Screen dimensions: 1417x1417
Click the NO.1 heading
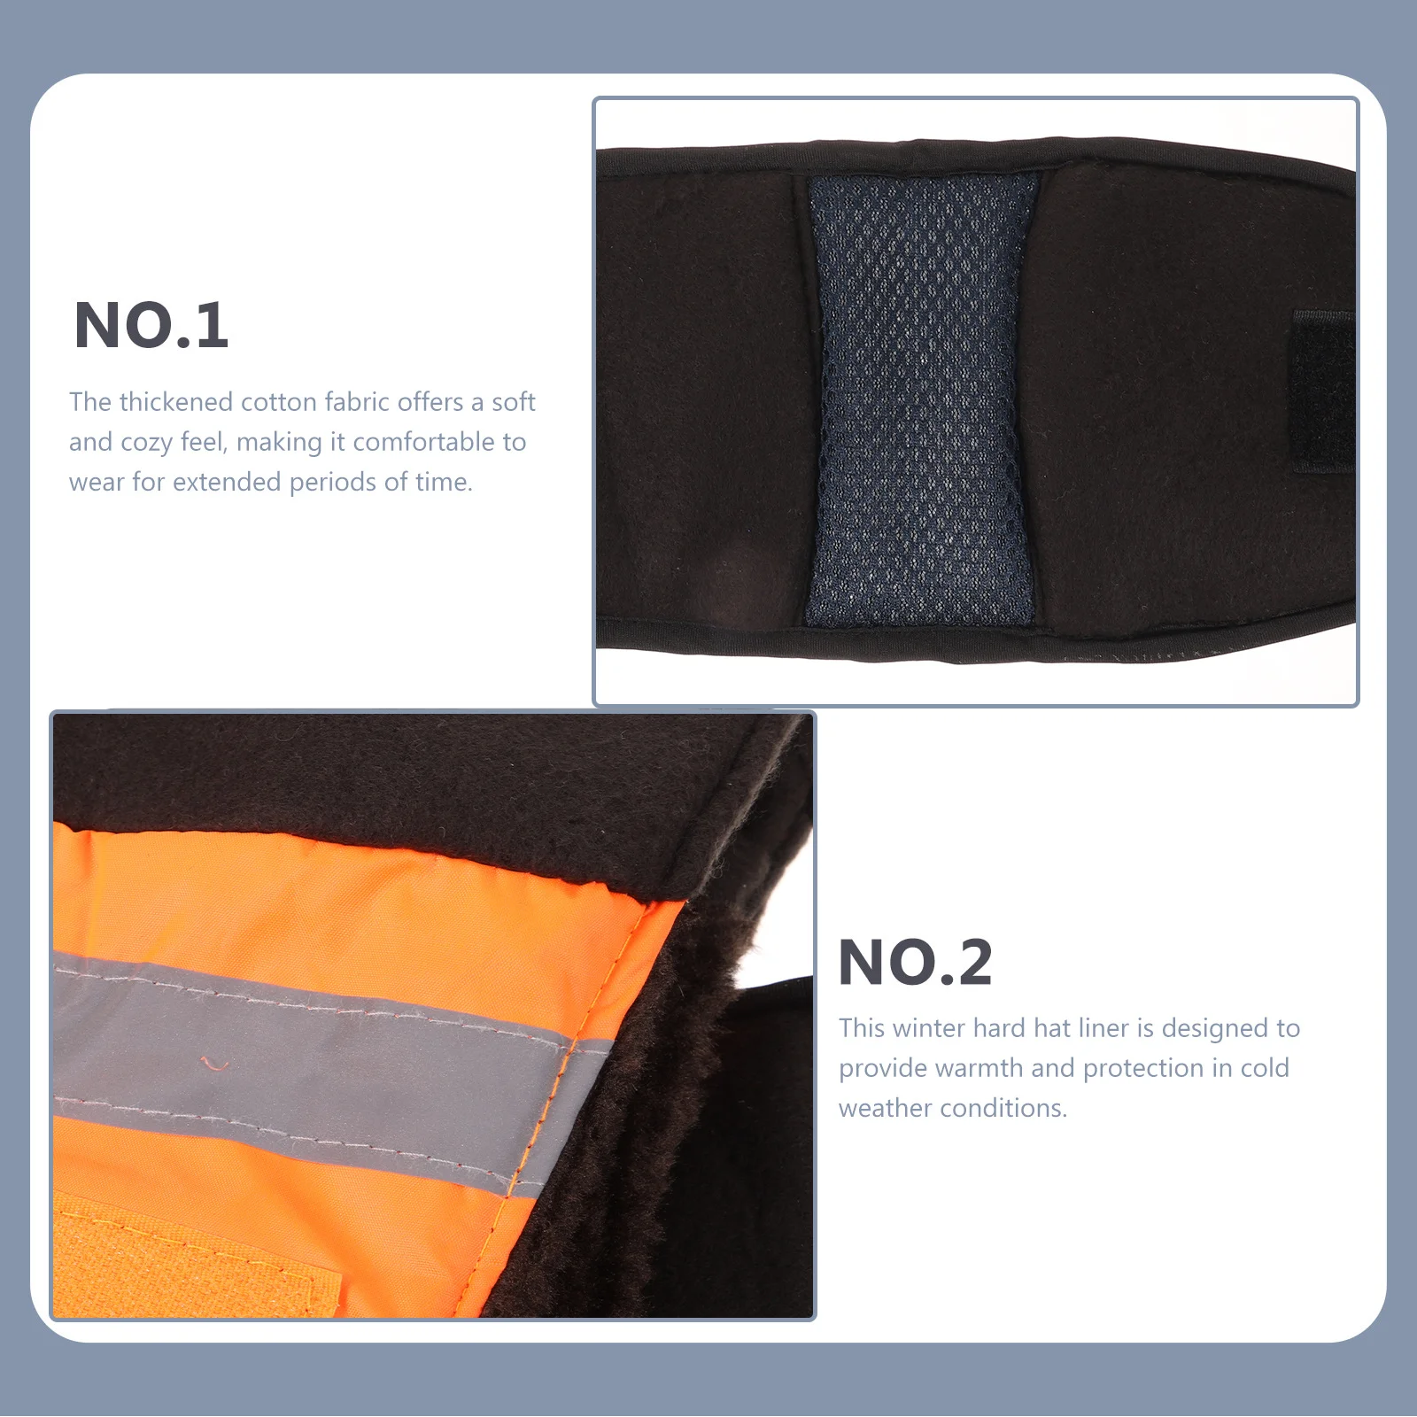click(x=151, y=326)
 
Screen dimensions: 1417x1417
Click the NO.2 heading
click(x=916, y=963)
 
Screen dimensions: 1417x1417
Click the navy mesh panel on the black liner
click(x=921, y=399)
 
